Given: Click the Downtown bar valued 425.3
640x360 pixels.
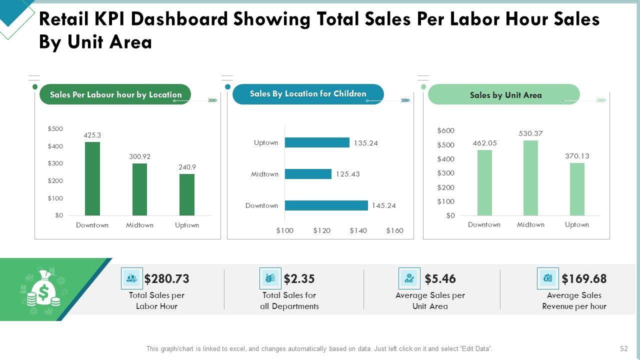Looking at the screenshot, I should (x=92, y=178).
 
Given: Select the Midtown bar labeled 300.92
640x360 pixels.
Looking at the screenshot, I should (x=139, y=189).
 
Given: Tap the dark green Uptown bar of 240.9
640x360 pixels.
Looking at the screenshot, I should (x=187, y=194).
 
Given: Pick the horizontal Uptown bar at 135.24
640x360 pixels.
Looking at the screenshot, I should (x=317, y=142).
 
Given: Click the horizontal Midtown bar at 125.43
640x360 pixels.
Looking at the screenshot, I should (x=308, y=174).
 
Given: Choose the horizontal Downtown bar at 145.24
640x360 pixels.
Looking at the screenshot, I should (x=326, y=205).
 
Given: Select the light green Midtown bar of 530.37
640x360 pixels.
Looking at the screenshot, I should (x=530, y=178).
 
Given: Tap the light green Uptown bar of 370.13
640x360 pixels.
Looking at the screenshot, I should (x=577, y=189).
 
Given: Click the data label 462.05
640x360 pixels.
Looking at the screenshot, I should (x=484, y=143).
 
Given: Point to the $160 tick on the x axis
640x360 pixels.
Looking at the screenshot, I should (x=394, y=230).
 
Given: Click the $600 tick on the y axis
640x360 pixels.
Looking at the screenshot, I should (x=445, y=130).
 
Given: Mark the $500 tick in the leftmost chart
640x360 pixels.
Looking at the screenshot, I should (x=55, y=129).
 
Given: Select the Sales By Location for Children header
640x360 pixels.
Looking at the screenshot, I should (x=308, y=94).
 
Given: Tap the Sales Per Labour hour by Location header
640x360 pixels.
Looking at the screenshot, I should (x=115, y=94).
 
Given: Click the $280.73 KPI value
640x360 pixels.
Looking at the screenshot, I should (x=166, y=278).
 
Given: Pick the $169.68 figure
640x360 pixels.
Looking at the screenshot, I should (x=584, y=278).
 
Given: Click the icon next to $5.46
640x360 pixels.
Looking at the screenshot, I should (x=409, y=278).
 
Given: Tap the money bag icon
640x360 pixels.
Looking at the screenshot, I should (x=43, y=290).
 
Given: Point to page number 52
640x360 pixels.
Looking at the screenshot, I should (x=623, y=348).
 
